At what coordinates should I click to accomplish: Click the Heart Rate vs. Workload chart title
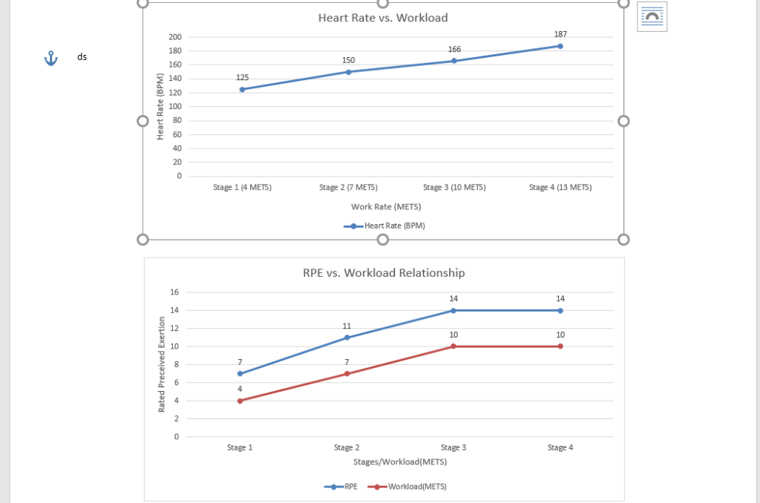click(x=383, y=18)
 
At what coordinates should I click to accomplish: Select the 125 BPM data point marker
click(x=242, y=89)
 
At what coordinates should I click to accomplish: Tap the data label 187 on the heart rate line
click(x=560, y=35)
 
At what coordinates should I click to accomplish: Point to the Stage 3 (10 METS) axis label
click(x=454, y=188)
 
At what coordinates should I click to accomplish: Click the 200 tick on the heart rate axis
click(x=174, y=37)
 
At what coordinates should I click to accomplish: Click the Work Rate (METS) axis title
click(x=386, y=207)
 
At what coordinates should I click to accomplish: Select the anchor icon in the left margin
click(x=50, y=58)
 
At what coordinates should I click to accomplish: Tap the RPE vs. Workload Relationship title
click(x=384, y=273)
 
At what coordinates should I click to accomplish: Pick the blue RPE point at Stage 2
click(x=347, y=338)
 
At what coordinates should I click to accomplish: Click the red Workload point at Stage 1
click(x=240, y=401)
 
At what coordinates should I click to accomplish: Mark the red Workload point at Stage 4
click(x=560, y=346)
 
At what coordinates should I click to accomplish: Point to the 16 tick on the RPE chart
click(x=174, y=292)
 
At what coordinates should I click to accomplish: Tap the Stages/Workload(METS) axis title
click(x=399, y=461)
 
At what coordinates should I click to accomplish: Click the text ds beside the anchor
click(x=82, y=57)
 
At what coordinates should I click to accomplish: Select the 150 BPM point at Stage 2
click(x=348, y=72)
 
